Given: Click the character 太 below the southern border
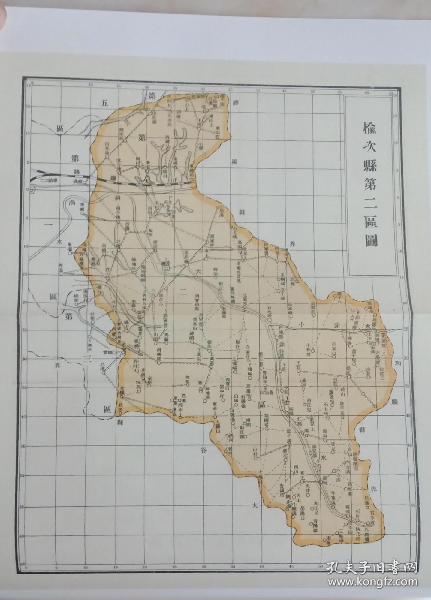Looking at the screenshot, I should (255, 504).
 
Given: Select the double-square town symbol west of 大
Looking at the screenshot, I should (166, 266).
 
